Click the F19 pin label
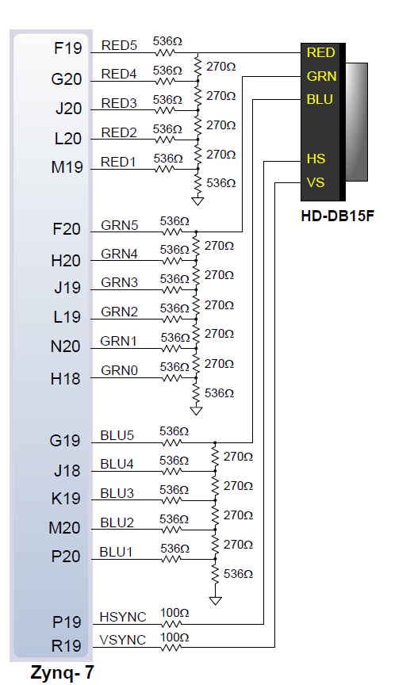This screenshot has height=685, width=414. [x=67, y=48]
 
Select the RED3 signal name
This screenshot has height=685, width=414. [x=119, y=103]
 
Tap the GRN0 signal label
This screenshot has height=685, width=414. [x=119, y=369]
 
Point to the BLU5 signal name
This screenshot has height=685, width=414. [x=117, y=435]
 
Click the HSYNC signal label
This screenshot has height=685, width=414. [x=122, y=617]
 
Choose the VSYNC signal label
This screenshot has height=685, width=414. [x=122, y=640]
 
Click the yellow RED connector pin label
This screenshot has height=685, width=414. [x=320, y=52]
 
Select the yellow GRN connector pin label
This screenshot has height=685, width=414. [x=320, y=76]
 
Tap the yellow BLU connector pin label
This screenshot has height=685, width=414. [x=320, y=100]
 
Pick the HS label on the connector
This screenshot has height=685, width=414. [x=315, y=159]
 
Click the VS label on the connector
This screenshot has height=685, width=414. [x=315, y=182]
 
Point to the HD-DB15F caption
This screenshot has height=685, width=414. [x=337, y=215]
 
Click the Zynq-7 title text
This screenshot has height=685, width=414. [x=63, y=673]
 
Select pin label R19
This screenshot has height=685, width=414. [x=66, y=646]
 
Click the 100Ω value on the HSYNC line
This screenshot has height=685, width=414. [x=174, y=613]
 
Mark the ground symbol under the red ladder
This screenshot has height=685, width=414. [x=197, y=201]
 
